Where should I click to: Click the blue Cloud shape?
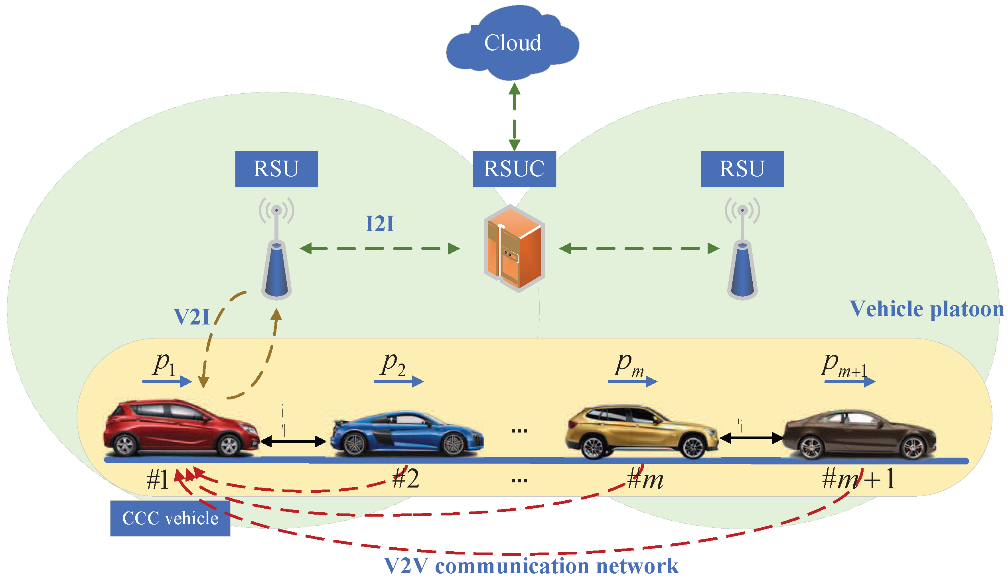[x=513, y=43]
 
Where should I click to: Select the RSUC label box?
[x=515, y=169]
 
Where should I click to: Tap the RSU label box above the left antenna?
[x=276, y=169]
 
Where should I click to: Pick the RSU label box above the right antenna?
[x=742, y=169]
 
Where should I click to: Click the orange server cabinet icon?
[x=515, y=248]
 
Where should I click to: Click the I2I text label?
[x=380, y=224]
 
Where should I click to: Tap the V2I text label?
[x=192, y=317]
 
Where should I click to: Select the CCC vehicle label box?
[x=170, y=519]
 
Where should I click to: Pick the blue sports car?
[x=407, y=434]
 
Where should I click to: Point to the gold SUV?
[x=641, y=432]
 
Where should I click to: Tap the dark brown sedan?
[x=859, y=435]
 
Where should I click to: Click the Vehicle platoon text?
[x=926, y=309]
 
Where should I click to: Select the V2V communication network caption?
[x=531, y=566]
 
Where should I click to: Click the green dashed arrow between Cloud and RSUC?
[x=515, y=116]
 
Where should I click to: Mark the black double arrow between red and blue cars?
[x=293, y=441]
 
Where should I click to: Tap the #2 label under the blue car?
[x=406, y=478]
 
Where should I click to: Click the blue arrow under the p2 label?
[x=399, y=382]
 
